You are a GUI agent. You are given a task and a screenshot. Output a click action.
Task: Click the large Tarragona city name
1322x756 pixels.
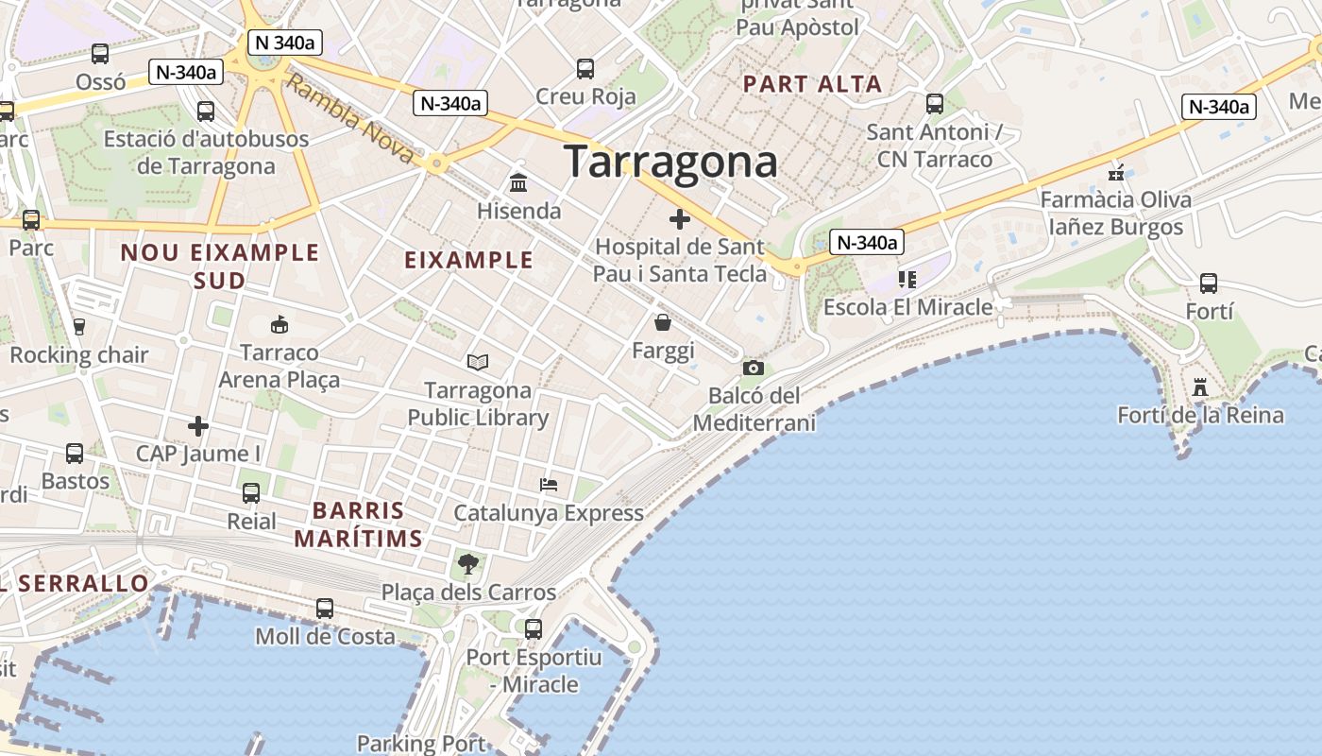coord(670,163)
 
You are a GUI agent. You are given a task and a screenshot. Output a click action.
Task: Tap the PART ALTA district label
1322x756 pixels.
coord(812,84)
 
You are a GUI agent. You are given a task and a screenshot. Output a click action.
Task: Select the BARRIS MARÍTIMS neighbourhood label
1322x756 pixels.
coord(358,524)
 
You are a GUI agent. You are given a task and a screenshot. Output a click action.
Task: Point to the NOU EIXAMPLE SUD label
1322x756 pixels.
coord(220,266)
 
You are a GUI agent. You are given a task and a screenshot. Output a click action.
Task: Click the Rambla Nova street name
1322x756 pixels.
coord(350,119)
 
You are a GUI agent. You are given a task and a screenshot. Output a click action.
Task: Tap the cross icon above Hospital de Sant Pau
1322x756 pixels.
coord(679,220)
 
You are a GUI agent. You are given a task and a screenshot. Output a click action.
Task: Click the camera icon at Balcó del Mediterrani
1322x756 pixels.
coord(753,368)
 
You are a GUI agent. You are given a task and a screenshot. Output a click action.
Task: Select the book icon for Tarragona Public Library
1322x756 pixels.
coord(478,362)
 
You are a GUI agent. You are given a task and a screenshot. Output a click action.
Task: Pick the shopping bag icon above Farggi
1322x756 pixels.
coord(663,323)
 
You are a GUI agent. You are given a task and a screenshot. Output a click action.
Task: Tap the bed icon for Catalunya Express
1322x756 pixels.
coord(549,485)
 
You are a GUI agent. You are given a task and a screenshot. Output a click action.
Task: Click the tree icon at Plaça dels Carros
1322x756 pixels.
coord(467,565)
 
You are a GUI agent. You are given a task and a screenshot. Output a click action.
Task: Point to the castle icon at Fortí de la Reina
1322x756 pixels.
coord(1200,387)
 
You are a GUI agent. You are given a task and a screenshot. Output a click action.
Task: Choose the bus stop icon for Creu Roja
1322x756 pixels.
coord(585,68)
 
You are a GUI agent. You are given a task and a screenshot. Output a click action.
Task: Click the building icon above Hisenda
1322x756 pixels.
coord(517,182)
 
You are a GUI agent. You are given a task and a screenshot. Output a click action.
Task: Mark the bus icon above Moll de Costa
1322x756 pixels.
coord(325,608)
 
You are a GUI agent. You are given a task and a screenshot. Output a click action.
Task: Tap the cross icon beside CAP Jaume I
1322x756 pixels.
coord(197,426)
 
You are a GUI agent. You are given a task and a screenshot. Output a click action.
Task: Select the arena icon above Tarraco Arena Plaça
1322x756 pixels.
coord(279,325)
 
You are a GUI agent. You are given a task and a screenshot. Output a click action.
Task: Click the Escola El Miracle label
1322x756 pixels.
coord(907,307)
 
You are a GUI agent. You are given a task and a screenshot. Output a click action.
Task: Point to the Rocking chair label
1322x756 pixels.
coord(79,355)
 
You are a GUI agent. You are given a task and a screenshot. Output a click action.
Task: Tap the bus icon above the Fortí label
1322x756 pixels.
coord(1208,283)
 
